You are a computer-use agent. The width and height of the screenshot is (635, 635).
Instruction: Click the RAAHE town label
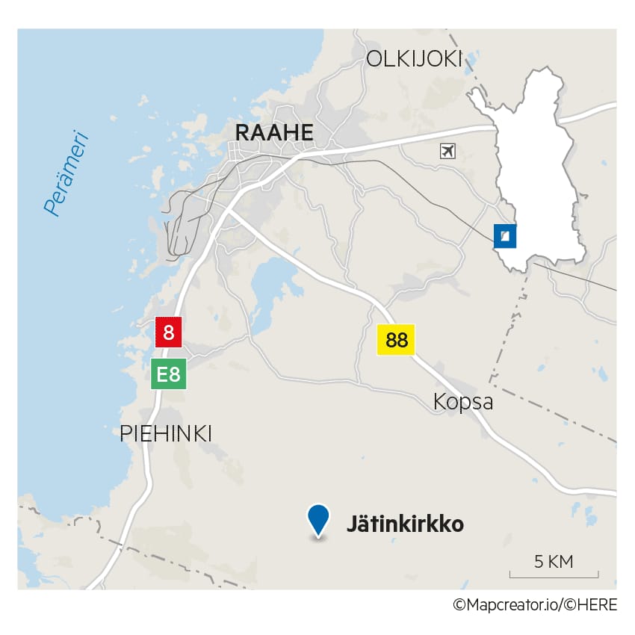(273, 133)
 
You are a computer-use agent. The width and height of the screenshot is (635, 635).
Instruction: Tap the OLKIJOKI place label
(414, 60)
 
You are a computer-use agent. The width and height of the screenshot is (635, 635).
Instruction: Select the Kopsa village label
(463, 402)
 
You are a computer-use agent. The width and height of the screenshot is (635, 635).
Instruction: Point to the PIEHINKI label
(166, 433)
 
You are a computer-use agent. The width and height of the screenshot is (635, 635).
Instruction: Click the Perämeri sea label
(66, 174)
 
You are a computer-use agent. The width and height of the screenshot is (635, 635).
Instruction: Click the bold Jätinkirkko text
(405, 524)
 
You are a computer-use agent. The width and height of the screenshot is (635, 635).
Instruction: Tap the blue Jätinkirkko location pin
(319, 519)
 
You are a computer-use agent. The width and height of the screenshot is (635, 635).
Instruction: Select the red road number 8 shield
(168, 332)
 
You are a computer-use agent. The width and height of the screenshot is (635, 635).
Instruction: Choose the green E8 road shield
(169, 374)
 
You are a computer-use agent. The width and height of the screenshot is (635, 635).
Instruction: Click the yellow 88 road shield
(396, 341)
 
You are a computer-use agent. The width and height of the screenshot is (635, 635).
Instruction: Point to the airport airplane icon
(447, 151)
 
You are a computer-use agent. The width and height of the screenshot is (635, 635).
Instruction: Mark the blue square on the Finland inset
(505, 236)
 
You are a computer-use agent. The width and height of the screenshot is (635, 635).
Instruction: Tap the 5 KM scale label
(554, 562)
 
